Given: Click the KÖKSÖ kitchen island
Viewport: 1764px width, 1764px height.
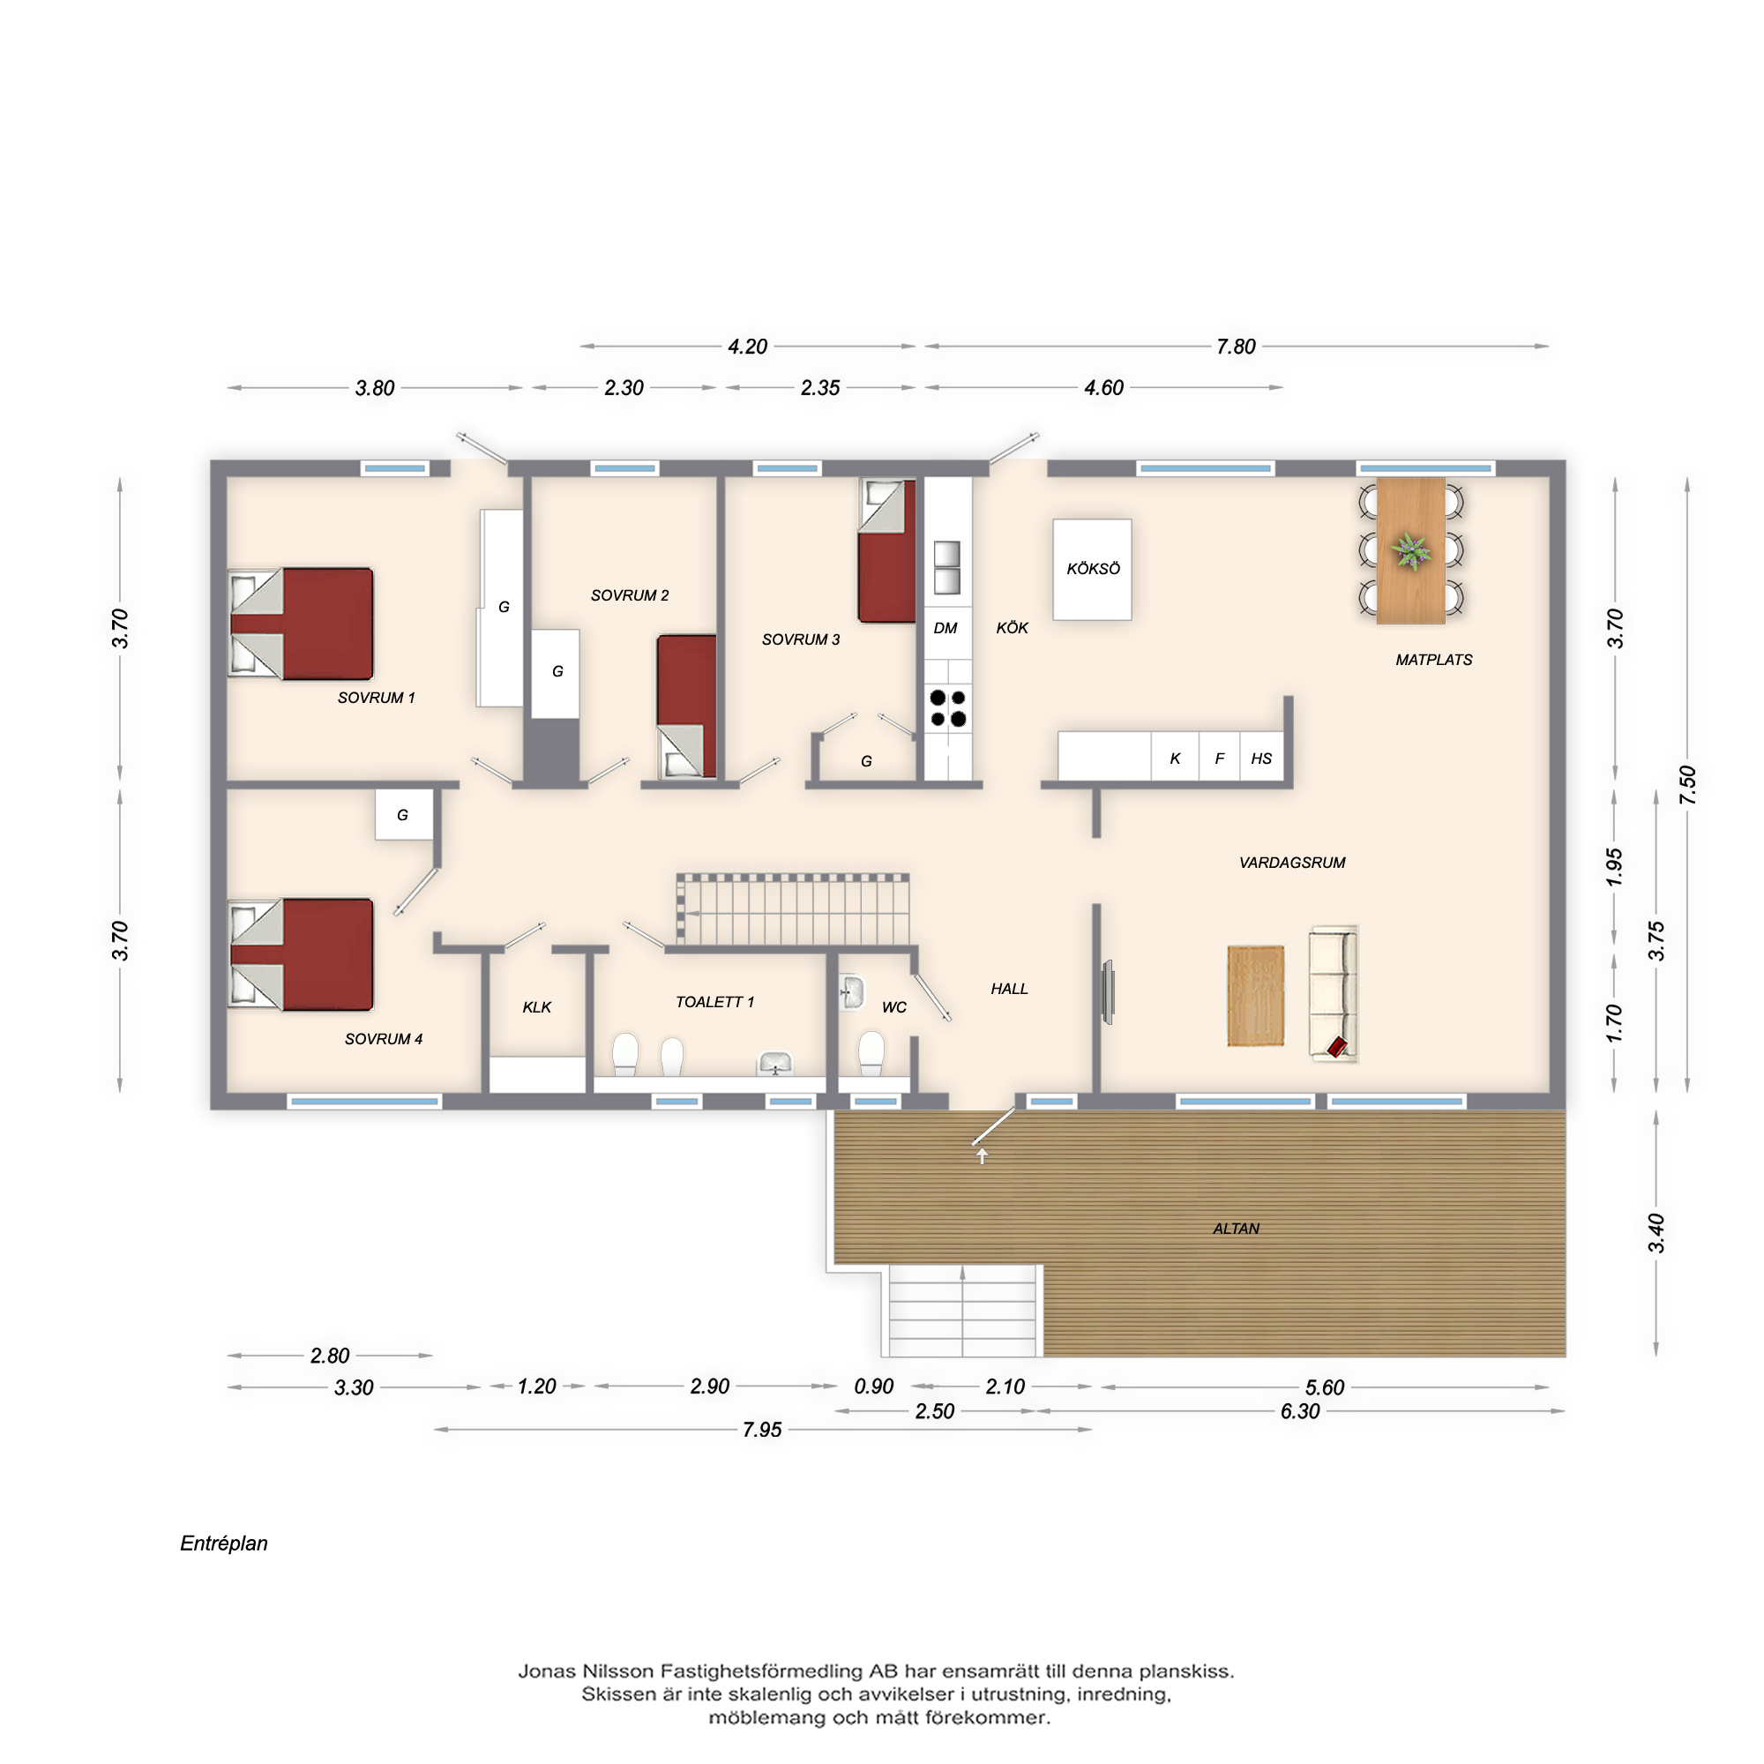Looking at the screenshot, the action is click(1092, 570).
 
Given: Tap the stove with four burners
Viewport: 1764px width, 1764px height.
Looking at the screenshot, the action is click(948, 708).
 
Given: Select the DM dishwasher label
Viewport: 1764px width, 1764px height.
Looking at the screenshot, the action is click(945, 628).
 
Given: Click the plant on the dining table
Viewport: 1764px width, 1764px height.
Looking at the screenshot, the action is click(1410, 550).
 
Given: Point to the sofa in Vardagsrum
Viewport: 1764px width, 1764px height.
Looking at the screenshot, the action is click(1333, 993).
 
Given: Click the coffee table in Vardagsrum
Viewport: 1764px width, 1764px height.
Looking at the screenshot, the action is click(1255, 995).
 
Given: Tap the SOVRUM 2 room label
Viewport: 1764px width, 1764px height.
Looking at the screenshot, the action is click(629, 595).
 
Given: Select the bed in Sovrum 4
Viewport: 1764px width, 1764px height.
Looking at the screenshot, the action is click(301, 954).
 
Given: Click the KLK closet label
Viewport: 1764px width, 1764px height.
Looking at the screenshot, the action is click(537, 1007).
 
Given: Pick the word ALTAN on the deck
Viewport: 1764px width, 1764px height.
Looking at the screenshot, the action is click(1236, 1229).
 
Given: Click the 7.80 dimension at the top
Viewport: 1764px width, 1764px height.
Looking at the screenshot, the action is click(1236, 347).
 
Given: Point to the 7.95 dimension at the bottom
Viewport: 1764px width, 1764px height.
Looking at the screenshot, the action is click(761, 1430).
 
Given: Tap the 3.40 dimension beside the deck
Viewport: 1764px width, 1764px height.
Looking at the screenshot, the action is click(1656, 1233).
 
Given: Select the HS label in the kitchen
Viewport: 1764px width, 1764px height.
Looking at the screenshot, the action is click(1261, 759).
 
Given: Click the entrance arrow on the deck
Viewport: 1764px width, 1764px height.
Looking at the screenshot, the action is click(983, 1156).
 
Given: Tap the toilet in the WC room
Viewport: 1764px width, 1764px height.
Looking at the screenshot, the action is click(871, 1054).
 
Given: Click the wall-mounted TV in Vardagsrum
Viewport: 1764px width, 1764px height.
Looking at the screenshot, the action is click(1108, 990).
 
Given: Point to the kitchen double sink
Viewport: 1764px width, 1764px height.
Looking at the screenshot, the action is click(946, 567).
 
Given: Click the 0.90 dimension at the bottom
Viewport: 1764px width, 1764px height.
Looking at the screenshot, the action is click(873, 1387).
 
